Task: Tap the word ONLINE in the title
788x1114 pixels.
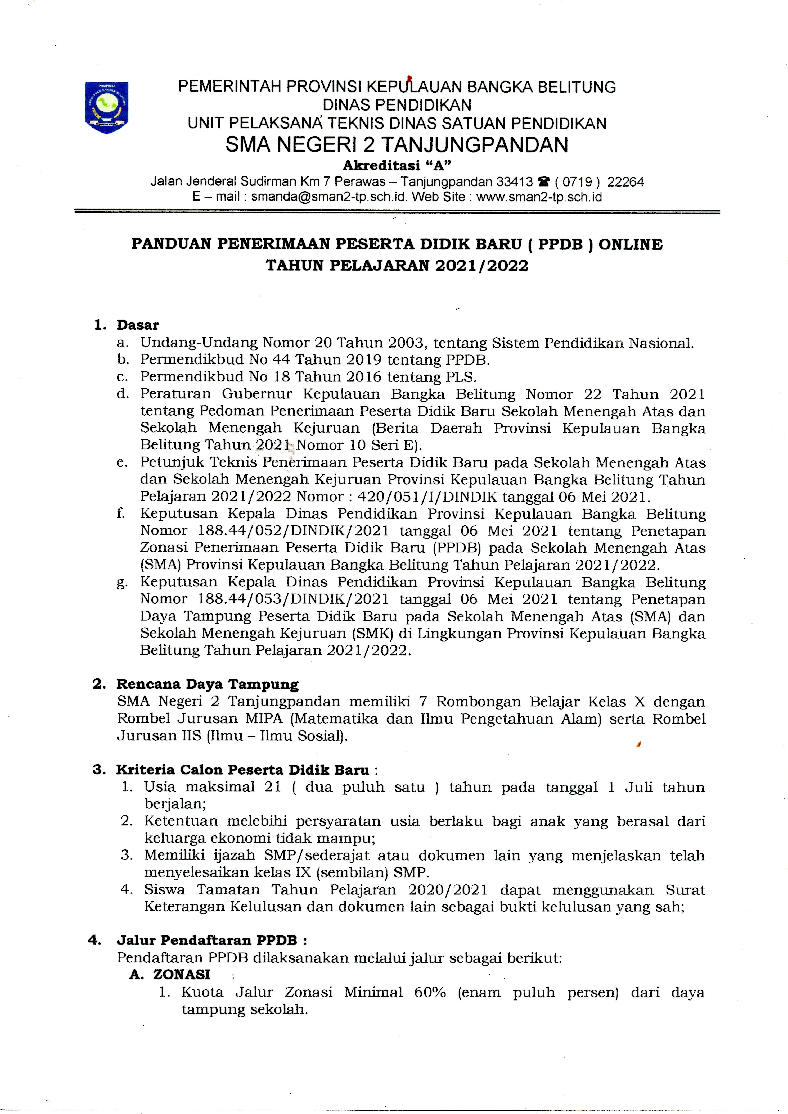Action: [630, 244]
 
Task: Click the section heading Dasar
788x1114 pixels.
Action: [137, 325]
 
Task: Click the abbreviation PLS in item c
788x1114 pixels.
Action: [460, 377]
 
